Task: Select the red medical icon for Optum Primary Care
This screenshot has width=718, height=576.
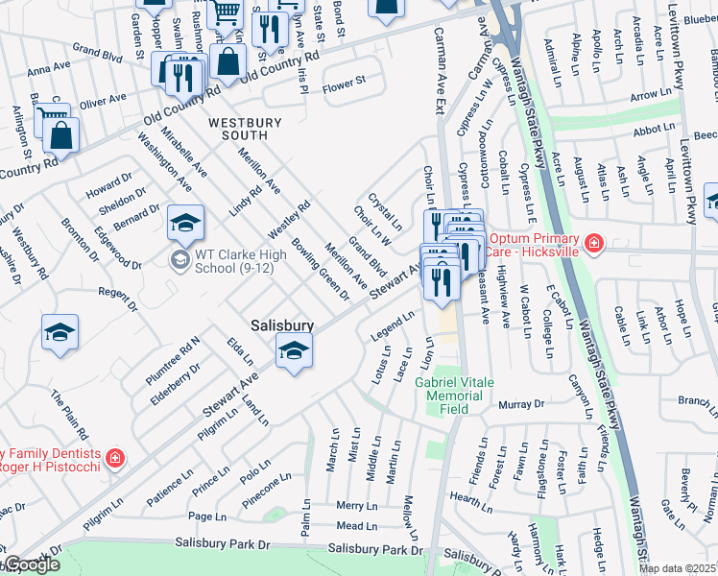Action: pyautogui.click(x=594, y=245)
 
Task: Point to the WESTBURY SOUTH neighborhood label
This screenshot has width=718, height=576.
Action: pyautogui.click(x=246, y=130)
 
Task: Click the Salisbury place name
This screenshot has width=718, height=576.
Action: pyautogui.click(x=282, y=325)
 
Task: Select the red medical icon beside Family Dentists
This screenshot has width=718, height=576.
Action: pyautogui.click(x=115, y=459)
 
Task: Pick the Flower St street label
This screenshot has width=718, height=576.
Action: pyautogui.click(x=345, y=84)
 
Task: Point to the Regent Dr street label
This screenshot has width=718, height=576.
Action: pyautogui.click(x=118, y=292)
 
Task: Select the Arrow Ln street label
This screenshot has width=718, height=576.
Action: pyautogui.click(x=650, y=95)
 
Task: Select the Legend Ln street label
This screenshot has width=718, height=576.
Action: pyautogui.click(x=394, y=324)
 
